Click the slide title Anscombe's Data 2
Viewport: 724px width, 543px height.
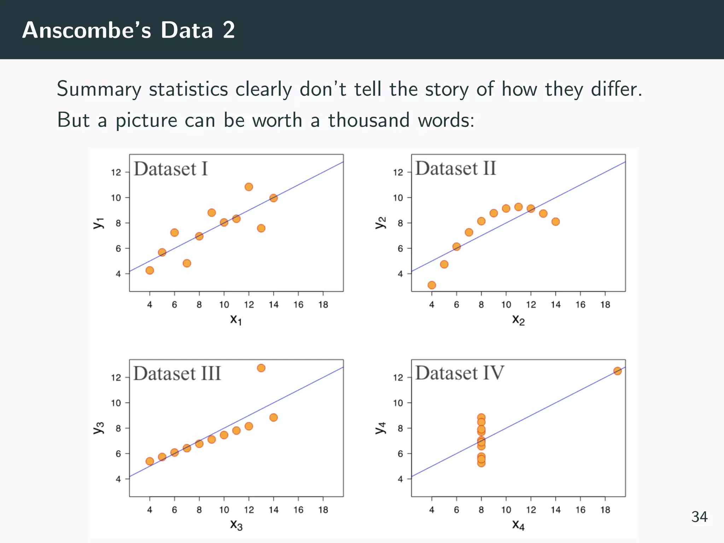128,30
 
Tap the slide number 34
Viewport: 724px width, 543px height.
699,517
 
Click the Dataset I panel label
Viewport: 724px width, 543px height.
170,169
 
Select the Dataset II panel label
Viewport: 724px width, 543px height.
455,168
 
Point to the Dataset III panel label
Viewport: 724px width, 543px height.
177,374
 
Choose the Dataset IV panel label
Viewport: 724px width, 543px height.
459,373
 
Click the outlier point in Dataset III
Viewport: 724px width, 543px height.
261,368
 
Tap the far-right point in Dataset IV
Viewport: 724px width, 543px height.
617,371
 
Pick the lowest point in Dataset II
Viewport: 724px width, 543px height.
432,285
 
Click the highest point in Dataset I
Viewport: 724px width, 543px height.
249,187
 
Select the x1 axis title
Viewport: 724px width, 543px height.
236,320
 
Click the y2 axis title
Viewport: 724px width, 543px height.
380,223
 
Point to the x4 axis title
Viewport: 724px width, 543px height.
518,525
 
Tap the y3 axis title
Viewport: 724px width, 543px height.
99,428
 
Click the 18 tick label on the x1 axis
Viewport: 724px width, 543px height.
323,305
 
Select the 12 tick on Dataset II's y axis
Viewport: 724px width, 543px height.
398,173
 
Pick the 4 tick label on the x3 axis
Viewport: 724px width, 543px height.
150,510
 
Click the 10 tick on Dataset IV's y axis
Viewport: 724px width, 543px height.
398,403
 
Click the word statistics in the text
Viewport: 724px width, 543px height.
188,89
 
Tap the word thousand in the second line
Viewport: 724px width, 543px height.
369,120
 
